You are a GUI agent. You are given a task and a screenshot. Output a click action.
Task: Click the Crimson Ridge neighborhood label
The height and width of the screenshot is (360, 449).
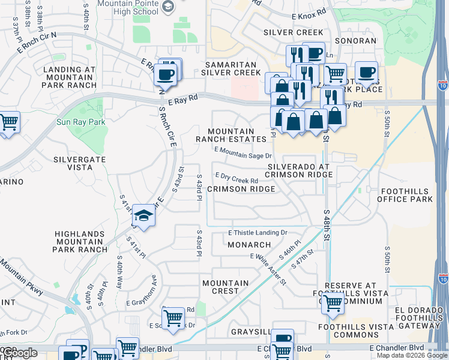pyautogui.click(x=241, y=189)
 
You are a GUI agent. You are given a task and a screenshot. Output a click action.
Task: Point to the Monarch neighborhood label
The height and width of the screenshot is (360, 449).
pyautogui.click(x=249, y=245)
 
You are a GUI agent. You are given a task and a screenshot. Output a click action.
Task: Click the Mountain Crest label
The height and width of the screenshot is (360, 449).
pyautogui.click(x=225, y=287)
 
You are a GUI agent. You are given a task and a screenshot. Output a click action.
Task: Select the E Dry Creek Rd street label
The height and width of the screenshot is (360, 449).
pyautogui.click(x=237, y=179)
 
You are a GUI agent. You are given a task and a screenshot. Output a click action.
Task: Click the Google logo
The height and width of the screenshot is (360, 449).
pyautogui.click(x=20, y=353)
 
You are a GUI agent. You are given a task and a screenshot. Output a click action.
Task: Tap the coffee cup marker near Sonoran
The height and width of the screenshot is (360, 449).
pyautogui.click(x=366, y=73)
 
